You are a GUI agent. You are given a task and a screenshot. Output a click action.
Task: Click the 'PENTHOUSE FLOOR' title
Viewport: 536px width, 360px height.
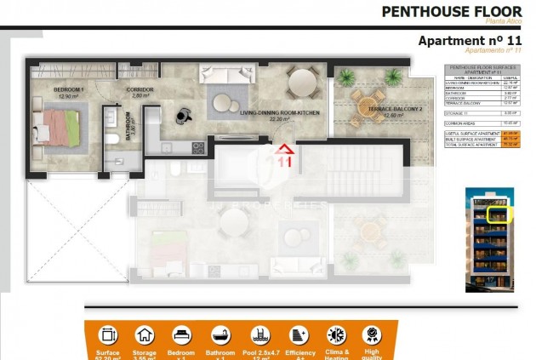tap(451, 11)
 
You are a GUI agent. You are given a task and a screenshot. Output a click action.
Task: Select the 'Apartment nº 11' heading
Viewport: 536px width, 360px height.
tap(470, 40)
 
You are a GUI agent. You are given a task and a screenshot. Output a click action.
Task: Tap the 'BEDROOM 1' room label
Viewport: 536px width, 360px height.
tap(69, 89)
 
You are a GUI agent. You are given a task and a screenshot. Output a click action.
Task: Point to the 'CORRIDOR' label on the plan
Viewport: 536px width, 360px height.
tap(140, 89)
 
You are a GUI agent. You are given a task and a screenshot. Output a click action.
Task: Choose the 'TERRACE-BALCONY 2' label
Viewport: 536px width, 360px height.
tap(379, 111)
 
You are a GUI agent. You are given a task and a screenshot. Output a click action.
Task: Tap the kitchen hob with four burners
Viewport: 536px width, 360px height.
tap(198, 147)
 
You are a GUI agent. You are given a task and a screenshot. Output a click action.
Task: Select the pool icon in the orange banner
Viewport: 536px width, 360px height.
tap(260, 334)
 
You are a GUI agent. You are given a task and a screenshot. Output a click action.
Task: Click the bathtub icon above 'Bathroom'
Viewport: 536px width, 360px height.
tap(220, 334)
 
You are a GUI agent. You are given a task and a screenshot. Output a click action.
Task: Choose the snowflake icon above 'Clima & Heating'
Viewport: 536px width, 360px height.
tap(334, 334)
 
